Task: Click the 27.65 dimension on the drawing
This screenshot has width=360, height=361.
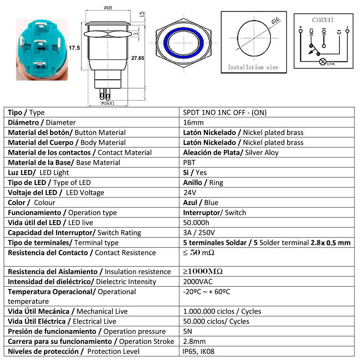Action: (x=138, y=58)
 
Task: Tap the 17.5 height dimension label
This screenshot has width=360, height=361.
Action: (x=74, y=48)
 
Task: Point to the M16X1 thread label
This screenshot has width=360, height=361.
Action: (x=108, y=103)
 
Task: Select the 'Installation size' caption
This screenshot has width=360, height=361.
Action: (x=252, y=67)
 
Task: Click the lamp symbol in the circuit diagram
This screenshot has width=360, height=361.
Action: (x=322, y=62)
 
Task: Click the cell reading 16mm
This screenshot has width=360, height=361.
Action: (x=193, y=122)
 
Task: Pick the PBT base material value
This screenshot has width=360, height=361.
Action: (x=189, y=162)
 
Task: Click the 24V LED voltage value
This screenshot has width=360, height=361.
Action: (x=190, y=193)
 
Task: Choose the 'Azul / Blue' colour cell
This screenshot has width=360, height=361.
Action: (x=201, y=203)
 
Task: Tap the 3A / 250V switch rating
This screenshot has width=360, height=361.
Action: (x=199, y=233)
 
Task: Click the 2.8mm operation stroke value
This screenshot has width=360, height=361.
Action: (x=194, y=342)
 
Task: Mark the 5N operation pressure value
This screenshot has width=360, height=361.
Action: (x=189, y=332)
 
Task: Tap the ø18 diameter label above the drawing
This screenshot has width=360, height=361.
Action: (x=108, y=8)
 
